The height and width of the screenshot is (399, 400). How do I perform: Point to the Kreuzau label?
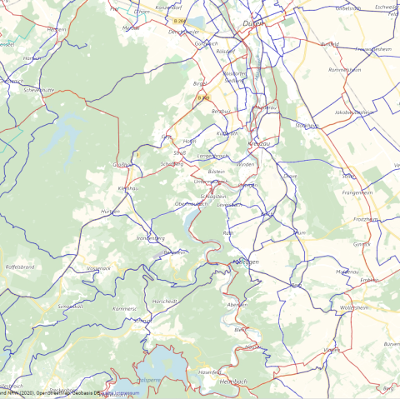click(x=259, y=145)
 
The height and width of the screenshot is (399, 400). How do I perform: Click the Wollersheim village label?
click(x=354, y=307)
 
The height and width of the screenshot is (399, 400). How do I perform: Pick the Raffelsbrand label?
click(x=19, y=267)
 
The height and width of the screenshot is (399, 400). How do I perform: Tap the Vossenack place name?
click(x=98, y=268)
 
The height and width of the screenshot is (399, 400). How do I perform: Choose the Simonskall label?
click(x=70, y=306)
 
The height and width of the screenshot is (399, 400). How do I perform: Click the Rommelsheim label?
click(x=344, y=70)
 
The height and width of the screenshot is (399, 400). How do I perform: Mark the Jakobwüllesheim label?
click(x=352, y=112)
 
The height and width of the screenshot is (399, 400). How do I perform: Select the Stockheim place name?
click(x=307, y=126)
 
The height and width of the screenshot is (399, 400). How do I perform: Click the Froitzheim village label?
click(x=364, y=219)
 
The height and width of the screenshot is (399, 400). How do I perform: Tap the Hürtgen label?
click(x=110, y=212)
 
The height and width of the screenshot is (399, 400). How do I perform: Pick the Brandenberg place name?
click(x=150, y=237)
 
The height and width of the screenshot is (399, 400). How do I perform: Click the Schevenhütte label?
click(x=39, y=89)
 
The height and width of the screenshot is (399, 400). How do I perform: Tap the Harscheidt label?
click(x=164, y=301)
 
